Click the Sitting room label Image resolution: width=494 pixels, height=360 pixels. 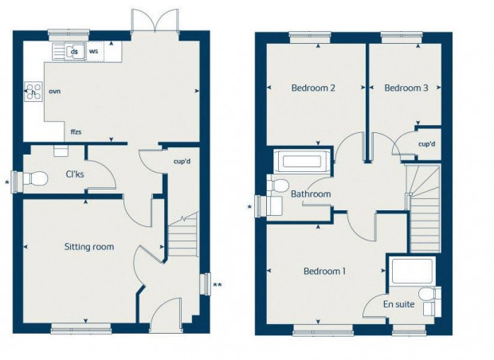click(89, 247)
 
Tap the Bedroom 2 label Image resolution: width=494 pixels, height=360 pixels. click(313, 88)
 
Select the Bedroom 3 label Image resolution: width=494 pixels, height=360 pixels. click(406, 88)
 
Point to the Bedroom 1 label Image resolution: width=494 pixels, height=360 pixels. click(324, 271)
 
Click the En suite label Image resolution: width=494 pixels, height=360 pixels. click(398, 304)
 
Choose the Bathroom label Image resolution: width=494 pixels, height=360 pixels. click(311, 194)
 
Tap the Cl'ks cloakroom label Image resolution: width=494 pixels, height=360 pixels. click(75, 174)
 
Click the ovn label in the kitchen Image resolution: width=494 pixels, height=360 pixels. click(54, 92)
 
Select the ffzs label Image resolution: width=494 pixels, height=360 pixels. click(76, 132)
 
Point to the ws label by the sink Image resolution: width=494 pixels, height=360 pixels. click(93, 51)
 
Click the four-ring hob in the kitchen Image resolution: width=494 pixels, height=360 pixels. click(33, 92)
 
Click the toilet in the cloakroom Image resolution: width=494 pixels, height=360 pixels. click(34, 179)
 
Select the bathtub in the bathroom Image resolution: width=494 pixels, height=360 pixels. click(301, 161)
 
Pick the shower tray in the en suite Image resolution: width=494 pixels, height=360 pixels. click(413, 271)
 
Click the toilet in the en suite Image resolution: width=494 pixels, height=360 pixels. click(429, 295)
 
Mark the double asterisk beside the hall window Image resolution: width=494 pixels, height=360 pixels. click(218, 285)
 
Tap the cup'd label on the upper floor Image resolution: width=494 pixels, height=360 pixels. click(427, 144)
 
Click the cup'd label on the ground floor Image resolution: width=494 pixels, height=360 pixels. click(182, 162)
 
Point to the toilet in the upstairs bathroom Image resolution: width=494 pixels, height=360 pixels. click(278, 185)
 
